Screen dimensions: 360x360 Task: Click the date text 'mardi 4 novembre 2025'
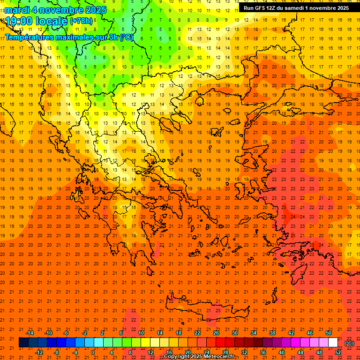(56, 9)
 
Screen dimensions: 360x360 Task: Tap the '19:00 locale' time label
(35, 21)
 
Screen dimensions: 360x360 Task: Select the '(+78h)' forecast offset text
(81, 21)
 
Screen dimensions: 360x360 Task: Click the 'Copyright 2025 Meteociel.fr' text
(199, 357)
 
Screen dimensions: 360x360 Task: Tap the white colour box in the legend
(333, 342)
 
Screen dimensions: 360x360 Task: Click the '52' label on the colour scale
(338, 352)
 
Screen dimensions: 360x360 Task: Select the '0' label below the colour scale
(93, 352)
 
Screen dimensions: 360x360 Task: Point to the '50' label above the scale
(328, 333)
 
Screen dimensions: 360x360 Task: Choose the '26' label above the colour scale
(216, 333)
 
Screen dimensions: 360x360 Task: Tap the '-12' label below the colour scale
(39, 352)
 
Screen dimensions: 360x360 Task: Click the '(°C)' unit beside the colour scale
(349, 343)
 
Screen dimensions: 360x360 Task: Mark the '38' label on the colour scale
(272, 333)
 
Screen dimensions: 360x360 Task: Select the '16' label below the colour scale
(169, 352)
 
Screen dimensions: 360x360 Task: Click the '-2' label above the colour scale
(84, 333)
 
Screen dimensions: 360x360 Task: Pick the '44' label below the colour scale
(300, 352)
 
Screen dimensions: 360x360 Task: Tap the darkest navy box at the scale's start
(23, 342)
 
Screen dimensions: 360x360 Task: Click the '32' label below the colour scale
(244, 352)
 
